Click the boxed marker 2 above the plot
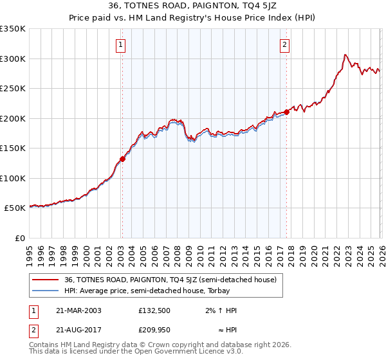(284, 44)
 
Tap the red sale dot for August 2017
(287, 113)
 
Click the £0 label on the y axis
(19, 238)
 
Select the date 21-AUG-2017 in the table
(78, 330)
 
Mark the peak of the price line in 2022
(345, 55)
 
